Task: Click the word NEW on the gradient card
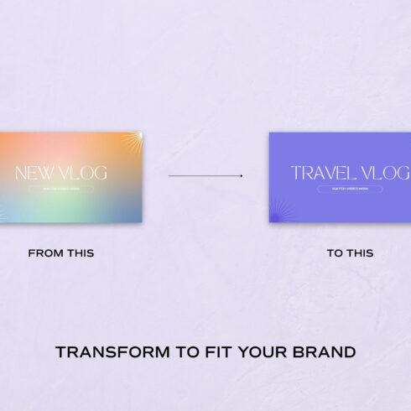click(34, 174)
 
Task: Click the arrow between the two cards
click(205, 176)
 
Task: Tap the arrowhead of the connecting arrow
click(242, 176)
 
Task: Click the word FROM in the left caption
click(44, 253)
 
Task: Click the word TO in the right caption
click(335, 253)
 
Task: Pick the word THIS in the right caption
click(360, 253)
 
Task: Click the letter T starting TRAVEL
click(296, 174)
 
